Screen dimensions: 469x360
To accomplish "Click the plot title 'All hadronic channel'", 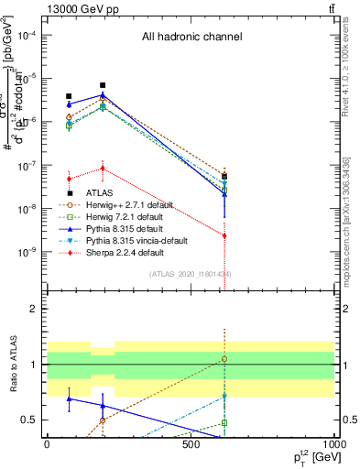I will coord(191,37).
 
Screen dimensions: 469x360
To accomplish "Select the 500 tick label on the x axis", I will coord(191,444).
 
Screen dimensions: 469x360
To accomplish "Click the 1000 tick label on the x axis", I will coord(333,444).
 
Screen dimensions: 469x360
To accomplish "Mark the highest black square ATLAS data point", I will coord(103,85).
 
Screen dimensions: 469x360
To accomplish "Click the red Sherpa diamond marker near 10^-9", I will coord(224,235).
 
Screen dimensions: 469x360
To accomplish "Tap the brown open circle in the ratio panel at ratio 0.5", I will coord(103,420).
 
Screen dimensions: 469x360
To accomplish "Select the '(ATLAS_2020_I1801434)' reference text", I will coord(191,274).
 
